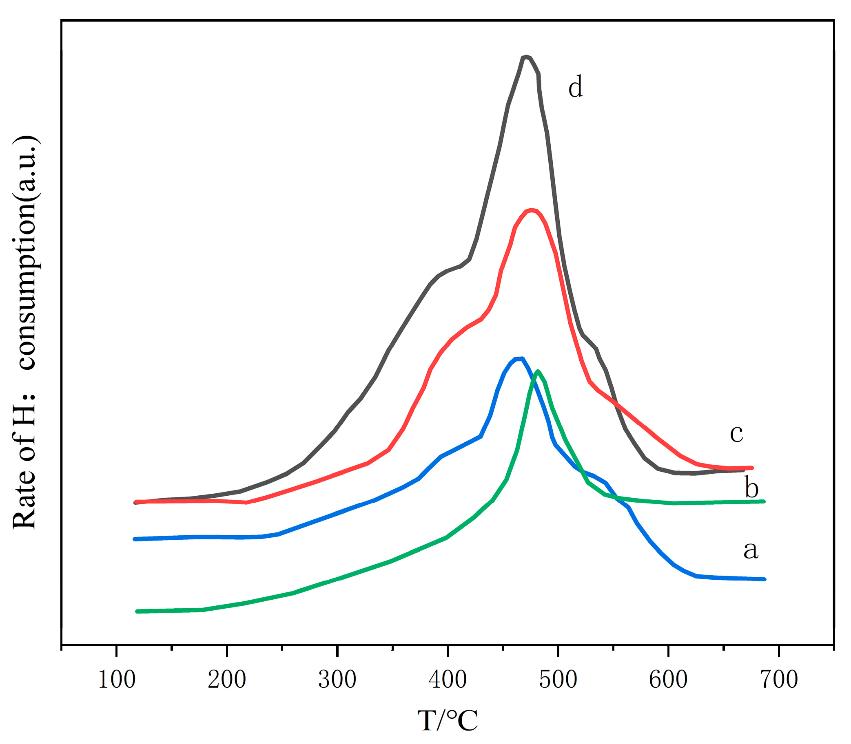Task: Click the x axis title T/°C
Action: point(448,721)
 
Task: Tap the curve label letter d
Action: point(576,88)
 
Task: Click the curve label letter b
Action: point(751,488)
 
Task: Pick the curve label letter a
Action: point(751,550)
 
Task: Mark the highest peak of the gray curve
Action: point(526,57)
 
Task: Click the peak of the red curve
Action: point(531,210)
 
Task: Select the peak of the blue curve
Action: point(519,358)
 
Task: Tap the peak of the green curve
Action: point(538,371)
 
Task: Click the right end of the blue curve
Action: point(764,579)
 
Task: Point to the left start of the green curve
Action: point(137,611)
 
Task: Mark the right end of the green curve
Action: point(764,501)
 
